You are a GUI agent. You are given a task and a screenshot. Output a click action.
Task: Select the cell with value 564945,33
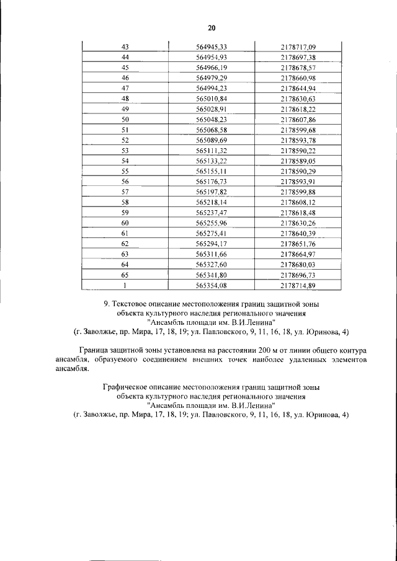[x=211, y=46]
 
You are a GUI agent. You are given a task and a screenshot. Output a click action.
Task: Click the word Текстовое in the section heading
[x=131, y=304]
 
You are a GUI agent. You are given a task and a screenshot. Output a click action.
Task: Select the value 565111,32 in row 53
[x=211, y=150]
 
